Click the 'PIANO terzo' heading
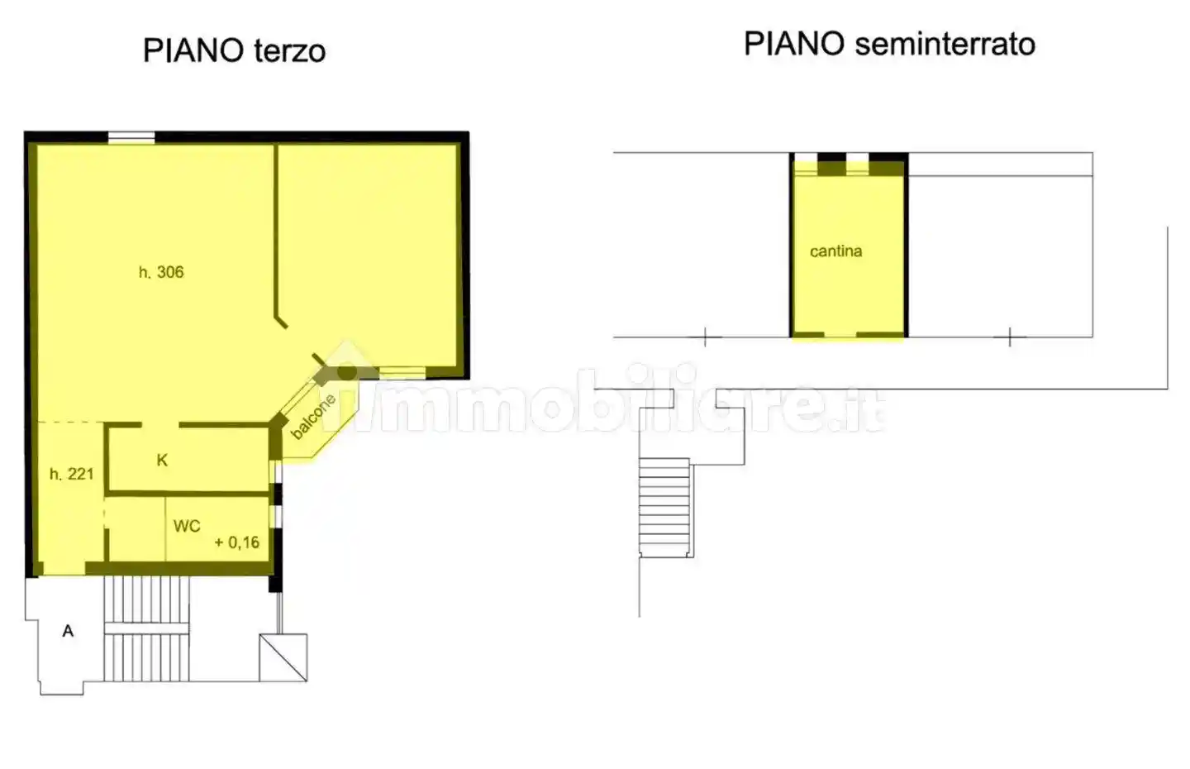tap(234, 51)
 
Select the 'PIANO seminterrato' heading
tap(889, 45)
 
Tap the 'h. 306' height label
tap(161, 272)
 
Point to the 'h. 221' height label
tap(72, 474)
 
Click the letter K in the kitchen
tap(162, 461)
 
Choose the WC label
tap(187, 526)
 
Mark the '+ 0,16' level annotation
tap(237, 542)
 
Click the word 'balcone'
tap(313, 417)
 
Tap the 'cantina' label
tap(835, 251)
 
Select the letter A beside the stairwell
tap(68, 631)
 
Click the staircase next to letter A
tap(147, 628)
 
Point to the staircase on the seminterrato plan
tap(664, 507)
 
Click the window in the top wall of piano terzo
tap(131, 138)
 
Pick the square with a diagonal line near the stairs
tap(283, 657)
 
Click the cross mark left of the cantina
tap(704, 337)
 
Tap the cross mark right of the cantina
tap(1010, 337)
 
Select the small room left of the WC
tap(136, 528)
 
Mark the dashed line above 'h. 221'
tap(70, 423)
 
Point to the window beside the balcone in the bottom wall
tap(402, 373)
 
